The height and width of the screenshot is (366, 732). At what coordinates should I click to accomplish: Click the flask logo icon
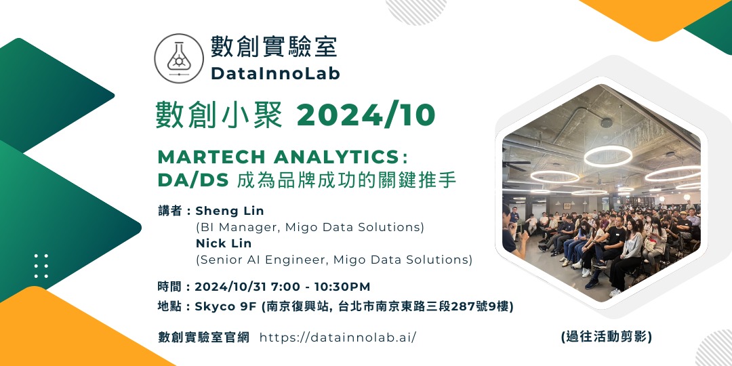click(x=179, y=58)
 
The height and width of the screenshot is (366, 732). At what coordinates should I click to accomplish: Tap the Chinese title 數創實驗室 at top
click(x=273, y=47)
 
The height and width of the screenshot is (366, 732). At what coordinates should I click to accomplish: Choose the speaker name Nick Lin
click(x=224, y=243)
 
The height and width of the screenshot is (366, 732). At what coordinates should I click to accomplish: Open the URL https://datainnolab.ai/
click(x=338, y=337)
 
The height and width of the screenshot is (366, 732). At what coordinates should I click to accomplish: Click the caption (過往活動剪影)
click(x=607, y=336)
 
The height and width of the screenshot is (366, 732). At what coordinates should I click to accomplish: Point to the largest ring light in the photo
click(x=608, y=156)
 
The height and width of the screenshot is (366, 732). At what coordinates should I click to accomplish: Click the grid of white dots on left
click(x=41, y=266)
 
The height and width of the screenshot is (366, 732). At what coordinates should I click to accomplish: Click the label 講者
click(x=169, y=211)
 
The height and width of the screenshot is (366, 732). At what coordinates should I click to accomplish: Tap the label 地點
click(x=169, y=306)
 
